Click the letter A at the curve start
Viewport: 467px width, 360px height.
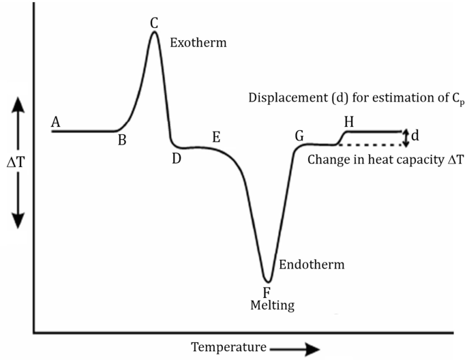click(56, 122)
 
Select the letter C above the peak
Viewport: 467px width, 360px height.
click(155, 22)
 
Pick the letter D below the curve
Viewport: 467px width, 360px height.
click(177, 158)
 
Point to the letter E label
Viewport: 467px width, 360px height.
click(216, 136)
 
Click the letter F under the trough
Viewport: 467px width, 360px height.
click(267, 292)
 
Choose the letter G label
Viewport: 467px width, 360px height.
click(299, 135)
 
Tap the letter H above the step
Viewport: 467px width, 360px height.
click(349, 122)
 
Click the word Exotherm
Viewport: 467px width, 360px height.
click(198, 42)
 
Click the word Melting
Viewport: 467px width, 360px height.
click(272, 305)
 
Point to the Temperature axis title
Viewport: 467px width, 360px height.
click(228, 347)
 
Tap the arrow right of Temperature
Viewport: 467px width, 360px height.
click(294, 348)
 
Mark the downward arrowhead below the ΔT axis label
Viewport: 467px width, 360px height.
click(18, 220)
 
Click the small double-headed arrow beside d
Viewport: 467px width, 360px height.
click(407, 138)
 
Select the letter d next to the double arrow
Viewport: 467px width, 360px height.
click(416, 136)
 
